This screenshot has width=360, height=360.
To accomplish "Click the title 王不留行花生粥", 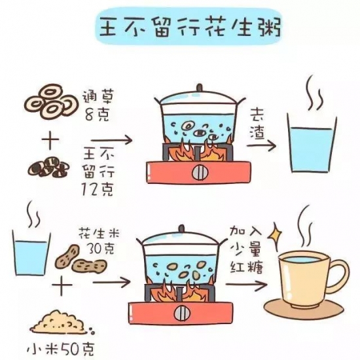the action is point(190,27).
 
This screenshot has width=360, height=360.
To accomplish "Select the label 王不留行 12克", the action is point(98,173).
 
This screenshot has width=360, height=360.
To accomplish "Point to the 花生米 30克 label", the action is point(99,241).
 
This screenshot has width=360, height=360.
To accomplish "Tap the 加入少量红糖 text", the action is point(246,251).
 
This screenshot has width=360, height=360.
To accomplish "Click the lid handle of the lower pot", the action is point(182,228).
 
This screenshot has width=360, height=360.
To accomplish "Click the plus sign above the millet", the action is point(62,286).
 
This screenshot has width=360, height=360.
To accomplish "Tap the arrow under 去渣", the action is point(261,145).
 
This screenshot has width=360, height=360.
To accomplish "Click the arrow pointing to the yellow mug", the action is point(246,285).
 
